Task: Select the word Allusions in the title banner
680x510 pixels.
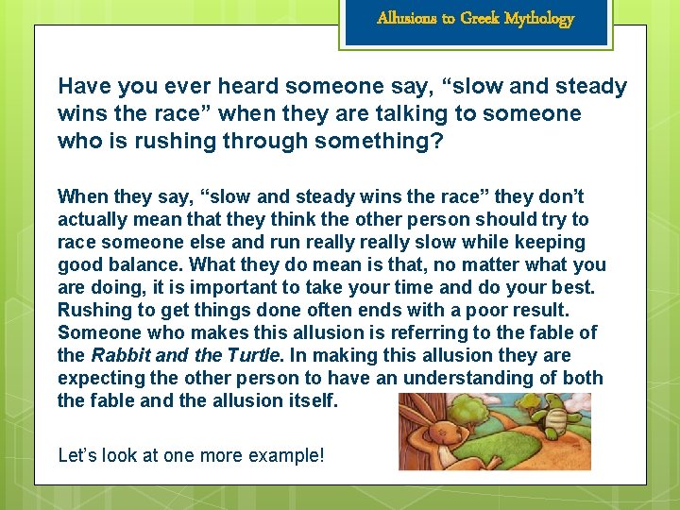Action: [x=403, y=18]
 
